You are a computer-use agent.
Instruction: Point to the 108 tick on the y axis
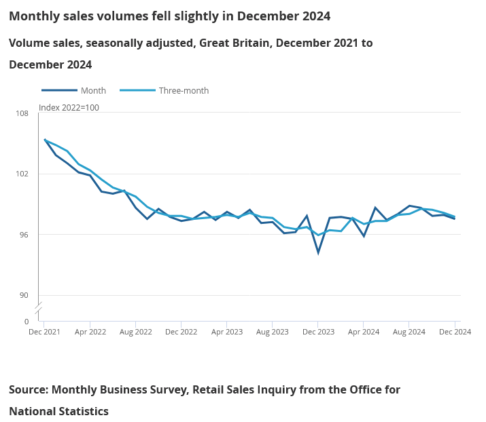click(22, 113)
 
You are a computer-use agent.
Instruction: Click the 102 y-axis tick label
click(22, 174)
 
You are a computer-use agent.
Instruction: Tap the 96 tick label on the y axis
click(24, 235)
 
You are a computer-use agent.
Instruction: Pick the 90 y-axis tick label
click(24, 295)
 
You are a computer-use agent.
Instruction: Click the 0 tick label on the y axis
click(27, 322)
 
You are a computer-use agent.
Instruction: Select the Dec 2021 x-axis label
click(45, 332)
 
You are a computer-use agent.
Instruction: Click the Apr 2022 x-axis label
click(90, 332)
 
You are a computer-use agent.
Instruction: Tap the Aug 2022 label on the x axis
click(136, 332)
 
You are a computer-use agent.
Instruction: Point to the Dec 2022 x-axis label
click(181, 332)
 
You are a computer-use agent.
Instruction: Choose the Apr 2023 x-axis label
click(227, 332)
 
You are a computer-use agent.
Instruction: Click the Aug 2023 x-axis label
click(273, 332)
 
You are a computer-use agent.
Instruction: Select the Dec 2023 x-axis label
click(318, 332)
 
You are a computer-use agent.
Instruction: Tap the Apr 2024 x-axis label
click(364, 332)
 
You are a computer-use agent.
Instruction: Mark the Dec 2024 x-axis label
click(455, 332)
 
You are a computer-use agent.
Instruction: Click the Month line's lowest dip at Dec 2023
click(318, 253)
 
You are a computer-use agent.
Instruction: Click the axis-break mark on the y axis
click(39, 308)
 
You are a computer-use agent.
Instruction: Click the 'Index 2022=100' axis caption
click(69, 107)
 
